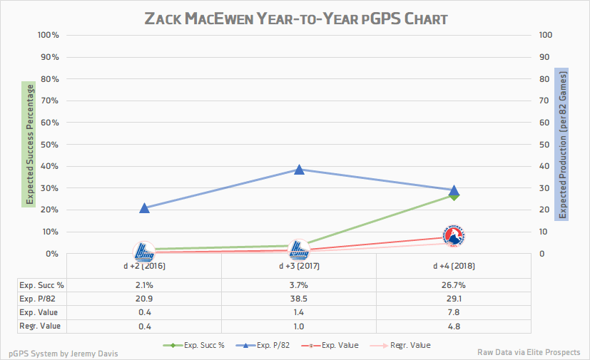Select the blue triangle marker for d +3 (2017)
[299, 170]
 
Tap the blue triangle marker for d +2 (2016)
[144, 208]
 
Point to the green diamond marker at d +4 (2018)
[454, 195]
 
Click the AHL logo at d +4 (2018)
[454, 237]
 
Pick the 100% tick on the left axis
[48, 35]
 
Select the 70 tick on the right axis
[544, 101]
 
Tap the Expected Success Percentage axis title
[30, 145]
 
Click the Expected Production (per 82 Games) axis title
[561, 145]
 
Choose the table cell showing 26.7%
[454, 285]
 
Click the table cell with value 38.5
[299, 297]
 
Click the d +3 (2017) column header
[299, 267]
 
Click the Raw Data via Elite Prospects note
[529, 353]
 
